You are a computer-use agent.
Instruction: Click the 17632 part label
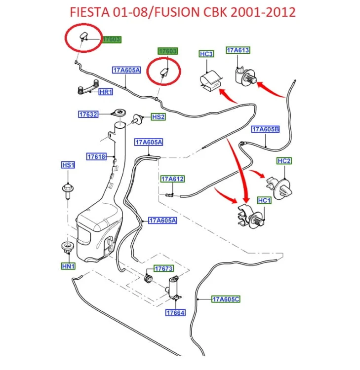click(x=88, y=114)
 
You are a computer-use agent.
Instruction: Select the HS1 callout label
click(x=68, y=165)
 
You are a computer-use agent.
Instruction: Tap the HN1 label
click(x=68, y=266)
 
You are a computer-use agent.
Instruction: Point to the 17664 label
click(x=175, y=313)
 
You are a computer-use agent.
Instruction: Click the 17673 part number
click(x=163, y=268)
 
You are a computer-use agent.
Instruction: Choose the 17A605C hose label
click(x=226, y=299)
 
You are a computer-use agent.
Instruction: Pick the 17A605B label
click(x=266, y=129)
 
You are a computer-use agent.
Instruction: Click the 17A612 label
click(x=172, y=179)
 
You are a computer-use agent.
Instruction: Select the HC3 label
click(x=206, y=54)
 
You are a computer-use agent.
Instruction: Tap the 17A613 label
click(x=238, y=50)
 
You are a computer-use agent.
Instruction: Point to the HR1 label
click(x=106, y=92)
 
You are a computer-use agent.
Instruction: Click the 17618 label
click(x=97, y=156)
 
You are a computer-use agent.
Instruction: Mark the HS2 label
click(x=158, y=117)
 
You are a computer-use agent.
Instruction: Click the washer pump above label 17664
click(x=174, y=288)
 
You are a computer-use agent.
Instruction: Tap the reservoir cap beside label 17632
click(x=119, y=112)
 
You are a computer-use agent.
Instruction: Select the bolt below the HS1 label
click(x=68, y=191)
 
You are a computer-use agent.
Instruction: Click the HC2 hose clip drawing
click(x=280, y=188)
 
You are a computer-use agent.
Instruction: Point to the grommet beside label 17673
click(x=148, y=278)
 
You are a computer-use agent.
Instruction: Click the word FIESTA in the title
click(x=90, y=12)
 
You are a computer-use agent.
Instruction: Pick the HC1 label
click(x=264, y=201)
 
